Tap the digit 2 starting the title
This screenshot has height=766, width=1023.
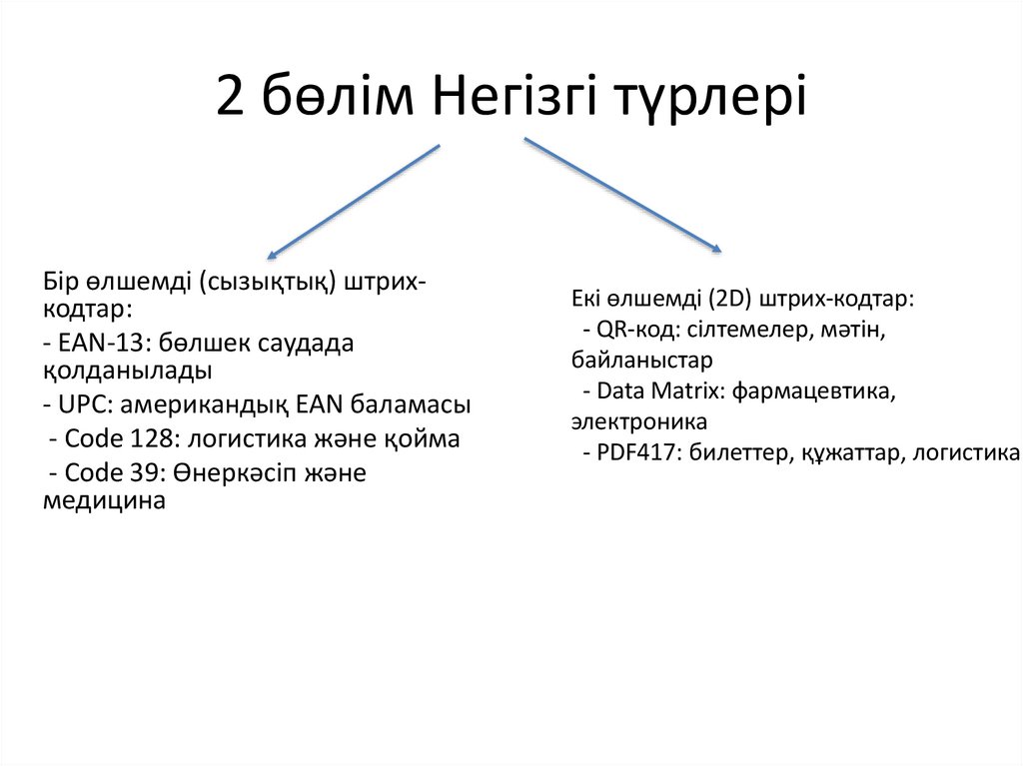coord(231,100)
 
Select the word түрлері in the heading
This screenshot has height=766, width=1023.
coord(726,100)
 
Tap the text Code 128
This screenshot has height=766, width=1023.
coord(113,439)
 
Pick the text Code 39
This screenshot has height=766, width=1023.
coord(107,472)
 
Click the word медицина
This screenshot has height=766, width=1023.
coord(104,501)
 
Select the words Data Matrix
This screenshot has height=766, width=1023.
coord(660,391)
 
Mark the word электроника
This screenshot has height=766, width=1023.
coord(639,421)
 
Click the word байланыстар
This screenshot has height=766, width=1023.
coord(642,360)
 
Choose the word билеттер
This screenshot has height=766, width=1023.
coord(736,453)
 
